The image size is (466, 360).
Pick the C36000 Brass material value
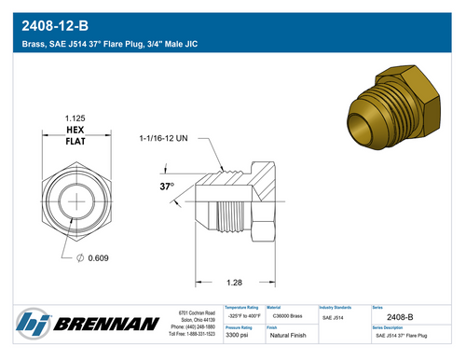click(x=286, y=317)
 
